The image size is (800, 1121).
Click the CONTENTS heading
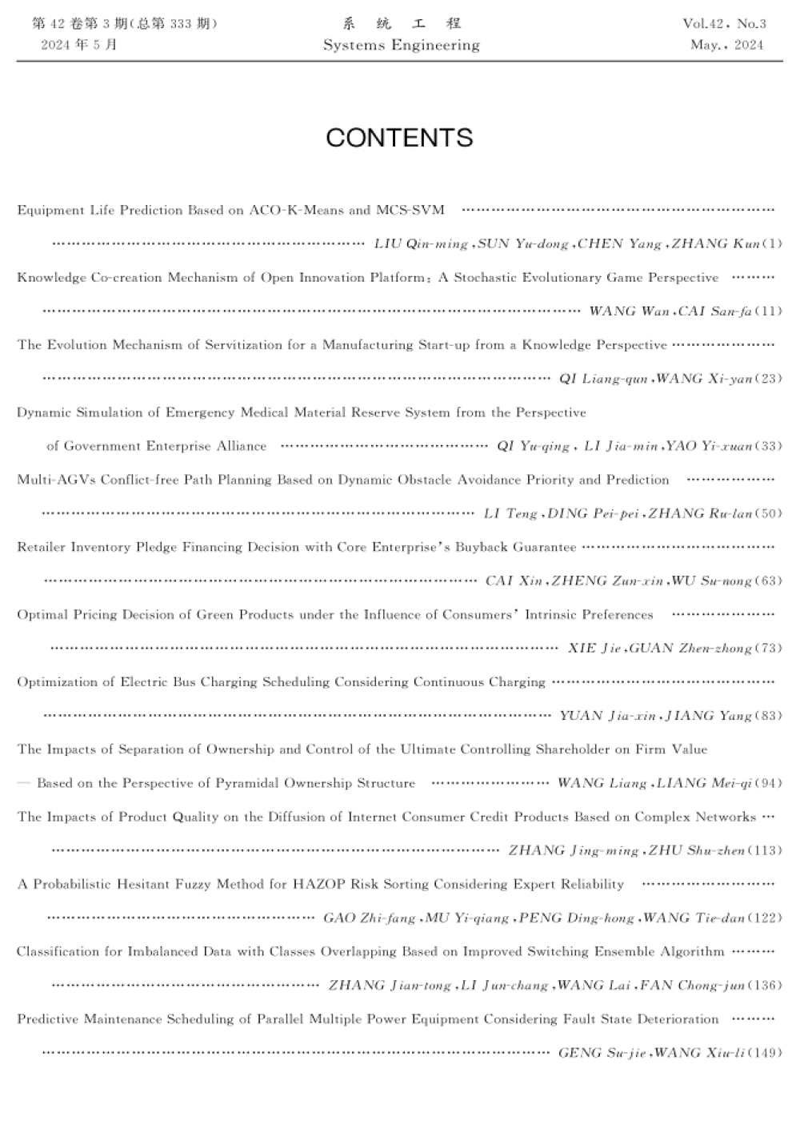[x=399, y=138]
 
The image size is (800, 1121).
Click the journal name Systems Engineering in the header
[x=401, y=45]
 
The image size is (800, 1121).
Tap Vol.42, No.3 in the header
[x=724, y=23]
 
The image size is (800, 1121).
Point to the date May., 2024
[x=726, y=45]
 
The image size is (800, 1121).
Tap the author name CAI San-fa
[x=714, y=311]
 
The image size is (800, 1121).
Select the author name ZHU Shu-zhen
[x=696, y=850]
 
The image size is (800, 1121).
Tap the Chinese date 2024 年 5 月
[x=78, y=45]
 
